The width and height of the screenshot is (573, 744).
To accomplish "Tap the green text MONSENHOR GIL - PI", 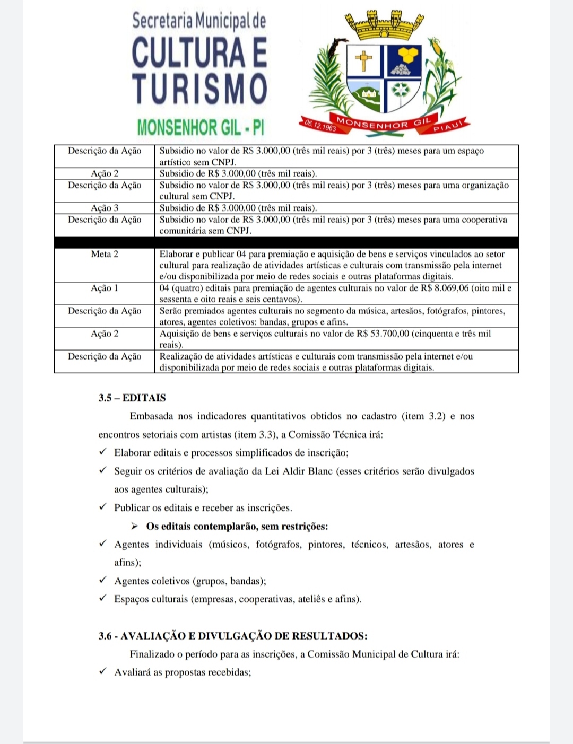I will click(201, 128).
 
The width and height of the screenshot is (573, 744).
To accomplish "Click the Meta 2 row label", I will click(105, 254).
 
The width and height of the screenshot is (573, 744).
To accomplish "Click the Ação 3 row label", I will click(105, 208).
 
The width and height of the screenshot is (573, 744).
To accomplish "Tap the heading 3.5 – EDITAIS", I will click(132, 398).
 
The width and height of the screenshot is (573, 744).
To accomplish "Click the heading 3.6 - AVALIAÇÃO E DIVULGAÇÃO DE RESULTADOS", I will click(233, 636).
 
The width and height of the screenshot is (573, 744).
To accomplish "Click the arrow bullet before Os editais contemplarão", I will click(135, 527).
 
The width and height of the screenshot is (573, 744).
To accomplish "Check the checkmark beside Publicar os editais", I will click(103, 507).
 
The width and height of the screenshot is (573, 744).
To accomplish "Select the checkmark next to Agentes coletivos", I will click(103, 580).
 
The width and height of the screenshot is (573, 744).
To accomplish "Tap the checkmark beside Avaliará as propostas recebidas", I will click(103, 671).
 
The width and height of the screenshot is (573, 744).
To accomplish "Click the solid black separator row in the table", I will click(286, 242).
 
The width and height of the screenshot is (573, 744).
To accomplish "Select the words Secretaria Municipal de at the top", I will click(199, 21).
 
